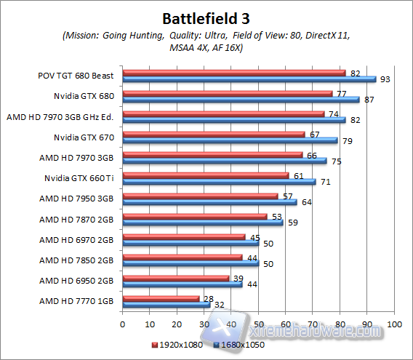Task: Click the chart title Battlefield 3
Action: (206, 17)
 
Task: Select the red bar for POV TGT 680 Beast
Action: (234, 72)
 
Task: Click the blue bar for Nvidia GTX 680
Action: (241, 99)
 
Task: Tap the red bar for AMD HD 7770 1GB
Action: (161, 298)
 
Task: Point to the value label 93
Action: (385, 79)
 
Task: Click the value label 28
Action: (208, 298)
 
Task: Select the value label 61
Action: (297, 175)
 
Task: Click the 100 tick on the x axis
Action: (394, 324)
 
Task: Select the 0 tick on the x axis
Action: (123, 324)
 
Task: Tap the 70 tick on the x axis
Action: (313, 324)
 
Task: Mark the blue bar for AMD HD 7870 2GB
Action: (203, 223)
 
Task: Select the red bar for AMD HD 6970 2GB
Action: (184, 236)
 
